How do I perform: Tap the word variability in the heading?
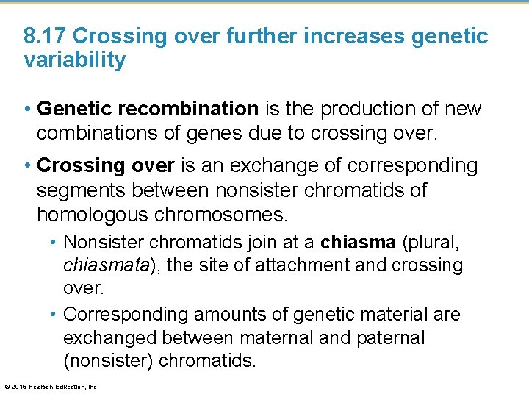[x=75, y=60]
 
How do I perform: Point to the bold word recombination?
[x=195, y=109]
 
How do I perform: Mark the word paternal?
[x=389, y=337]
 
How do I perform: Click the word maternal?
[x=274, y=337]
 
